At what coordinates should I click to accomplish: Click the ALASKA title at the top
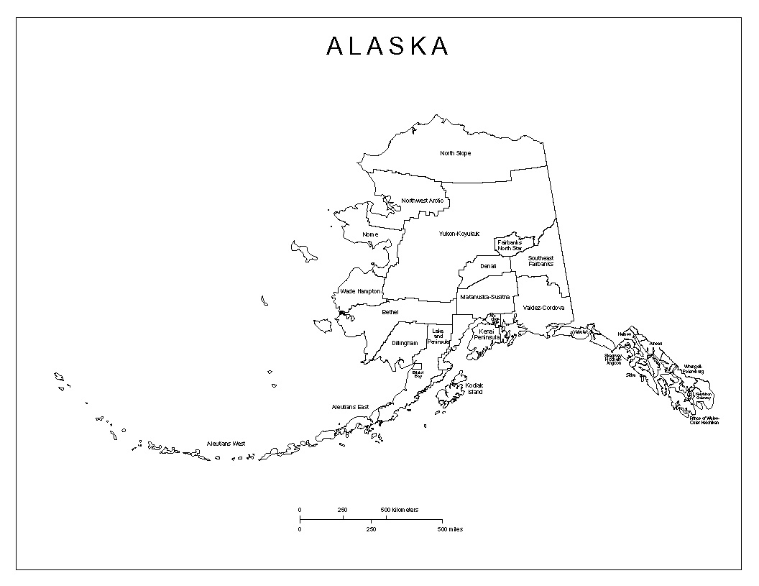[387, 46]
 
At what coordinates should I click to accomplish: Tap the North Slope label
[456, 153]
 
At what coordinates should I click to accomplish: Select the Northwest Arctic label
[423, 200]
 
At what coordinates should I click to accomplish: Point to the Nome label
[370, 234]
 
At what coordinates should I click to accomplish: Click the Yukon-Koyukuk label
[459, 234]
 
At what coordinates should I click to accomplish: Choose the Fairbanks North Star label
[509, 245]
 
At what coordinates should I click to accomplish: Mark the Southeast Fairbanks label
[540, 261]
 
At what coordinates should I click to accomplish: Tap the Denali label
[488, 266]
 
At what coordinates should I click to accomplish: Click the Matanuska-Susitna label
[484, 296]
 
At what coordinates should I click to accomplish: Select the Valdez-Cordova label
[543, 308]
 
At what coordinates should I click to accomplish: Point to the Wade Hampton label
[359, 291]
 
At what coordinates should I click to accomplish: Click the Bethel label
[390, 312]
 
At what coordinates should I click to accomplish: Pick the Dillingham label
[404, 343]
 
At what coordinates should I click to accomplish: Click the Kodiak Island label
[474, 388]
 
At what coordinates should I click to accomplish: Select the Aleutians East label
[350, 407]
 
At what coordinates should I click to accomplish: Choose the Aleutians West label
[226, 444]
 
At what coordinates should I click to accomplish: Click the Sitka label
[630, 375]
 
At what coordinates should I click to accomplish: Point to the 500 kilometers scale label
[400, 509]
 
